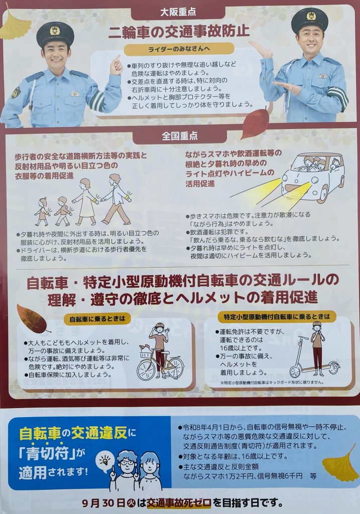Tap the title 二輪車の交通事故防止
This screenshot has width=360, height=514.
179,32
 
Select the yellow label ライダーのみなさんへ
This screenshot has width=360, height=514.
179,49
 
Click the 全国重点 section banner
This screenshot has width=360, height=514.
180,136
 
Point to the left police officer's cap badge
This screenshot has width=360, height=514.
55,31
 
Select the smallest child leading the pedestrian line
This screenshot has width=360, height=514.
42,211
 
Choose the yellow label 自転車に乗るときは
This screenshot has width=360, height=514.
97,318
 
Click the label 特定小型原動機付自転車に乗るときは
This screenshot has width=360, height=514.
277,317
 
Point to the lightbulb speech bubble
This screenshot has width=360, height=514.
105,462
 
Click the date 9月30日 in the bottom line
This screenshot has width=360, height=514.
104,502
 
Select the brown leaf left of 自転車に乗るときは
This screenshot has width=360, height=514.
32,319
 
